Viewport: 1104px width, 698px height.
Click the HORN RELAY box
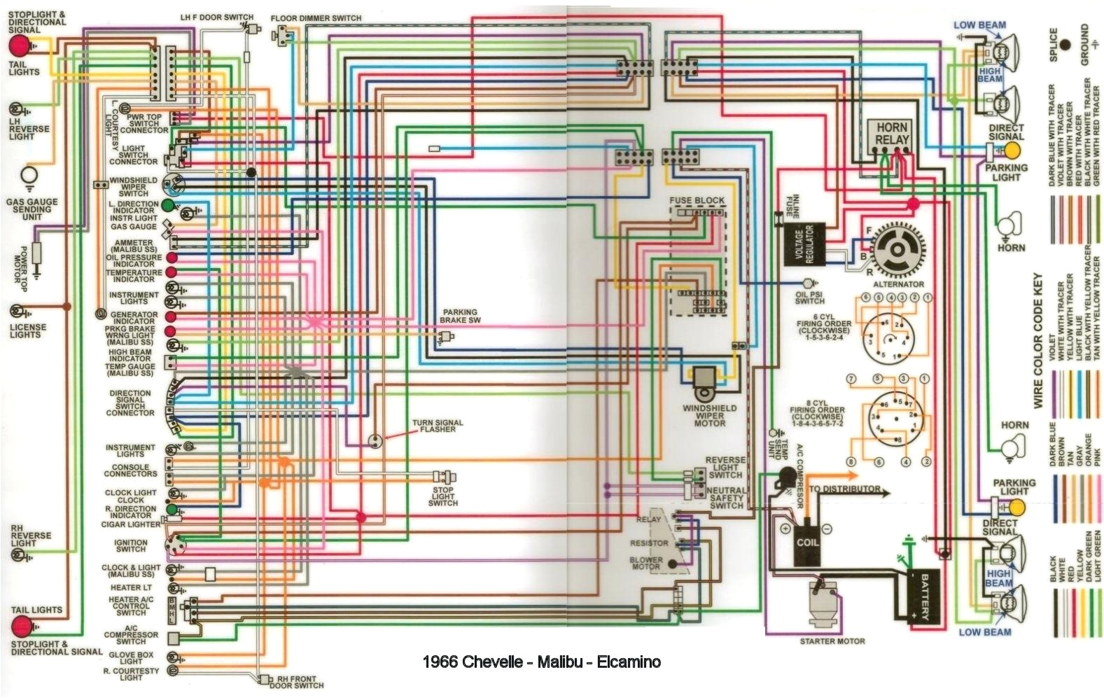pyautogui.click(x=891, y=134)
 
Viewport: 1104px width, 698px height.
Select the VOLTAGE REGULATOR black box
pyautogui.click(x=804, y=244)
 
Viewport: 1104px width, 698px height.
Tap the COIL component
pyautogui.click(x=806, y=543)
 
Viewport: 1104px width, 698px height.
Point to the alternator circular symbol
pyautogui.click(x=897, y=251)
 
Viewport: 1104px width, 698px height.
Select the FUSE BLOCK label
pyautogui.click(x=697, y=200)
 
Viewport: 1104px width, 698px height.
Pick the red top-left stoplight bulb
pyautogui.click(x=19, y=46)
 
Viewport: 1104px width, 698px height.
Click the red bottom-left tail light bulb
pyautogui.click(x=21, y=625)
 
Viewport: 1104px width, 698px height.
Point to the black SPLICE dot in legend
pyautogui.click(x=1065, y=45)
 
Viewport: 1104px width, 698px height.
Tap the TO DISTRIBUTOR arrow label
pyautogui.click(x=844, y=488)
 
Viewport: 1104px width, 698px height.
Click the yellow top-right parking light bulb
pyautogui.click(x=1012, y=151)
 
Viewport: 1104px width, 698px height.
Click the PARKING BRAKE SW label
pyautogui.click(x=460, y=316)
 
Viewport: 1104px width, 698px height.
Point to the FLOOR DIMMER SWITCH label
pyautogui.click(x=316, y=18)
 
